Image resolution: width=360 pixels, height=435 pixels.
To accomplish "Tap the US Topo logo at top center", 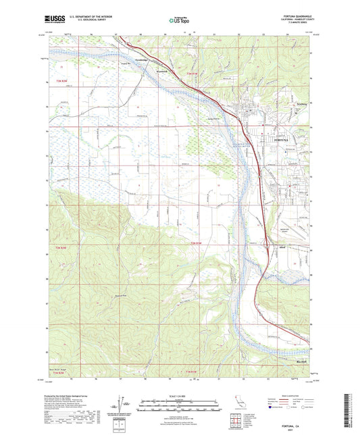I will pos(179,21).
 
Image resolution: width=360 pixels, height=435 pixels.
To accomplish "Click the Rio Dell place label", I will pos(303,361).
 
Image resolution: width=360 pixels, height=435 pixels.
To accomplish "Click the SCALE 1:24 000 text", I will pos(178,396).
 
